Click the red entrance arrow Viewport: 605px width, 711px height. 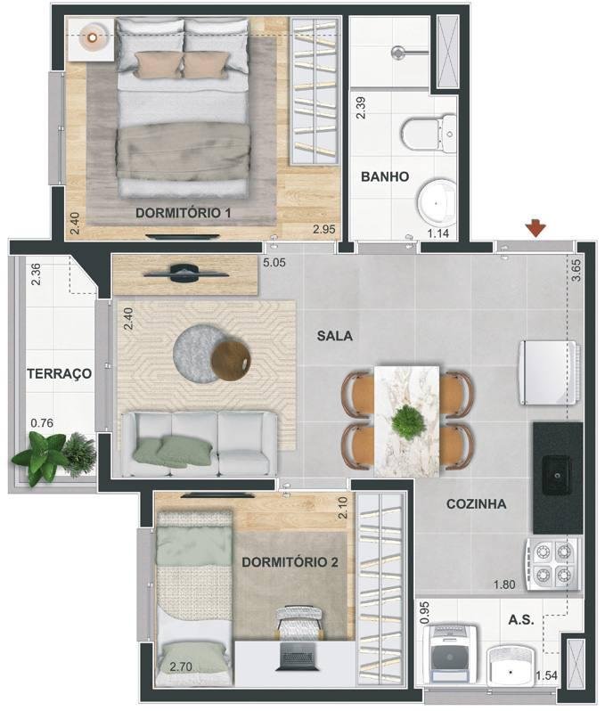[x=536, y=228]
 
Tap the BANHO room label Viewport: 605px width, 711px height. [x=385, y=176]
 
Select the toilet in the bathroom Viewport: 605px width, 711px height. [x=429, y=134]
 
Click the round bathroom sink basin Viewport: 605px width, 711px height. [x=437, y=204]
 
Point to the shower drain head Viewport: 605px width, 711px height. [x=397, y=53]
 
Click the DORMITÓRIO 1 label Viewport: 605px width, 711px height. [x=184, y=213]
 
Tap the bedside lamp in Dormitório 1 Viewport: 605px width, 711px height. [x=93, y=38]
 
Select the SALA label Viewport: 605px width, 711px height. [x=335, y=336]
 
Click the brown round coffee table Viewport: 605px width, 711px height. [x=231, y=361]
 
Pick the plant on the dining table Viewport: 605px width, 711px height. [x=408, y=423]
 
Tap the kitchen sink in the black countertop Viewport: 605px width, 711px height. [x=557, y=475]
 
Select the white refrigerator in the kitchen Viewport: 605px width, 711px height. [x=549, y=372]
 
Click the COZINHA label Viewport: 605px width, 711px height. [x=476, y=503]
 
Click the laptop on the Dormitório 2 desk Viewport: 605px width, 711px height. [x=297, y=656]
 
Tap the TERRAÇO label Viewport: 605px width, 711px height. [x=60, y=373]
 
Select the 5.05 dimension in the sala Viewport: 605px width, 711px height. [x=274, y=263]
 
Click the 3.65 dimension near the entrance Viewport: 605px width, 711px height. [x=576, y=271]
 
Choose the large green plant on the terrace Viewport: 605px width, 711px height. [x=40, y=458]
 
